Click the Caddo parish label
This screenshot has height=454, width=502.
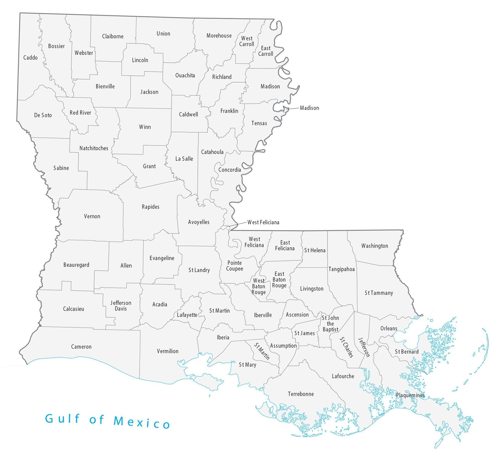[30, 58]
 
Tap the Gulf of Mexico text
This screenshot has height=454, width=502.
[107, 421]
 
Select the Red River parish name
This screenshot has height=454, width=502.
[80, 113]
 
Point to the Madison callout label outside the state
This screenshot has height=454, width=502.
[309, 108]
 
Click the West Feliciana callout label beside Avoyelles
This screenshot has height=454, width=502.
[263, 222]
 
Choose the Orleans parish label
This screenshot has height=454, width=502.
[389, 328]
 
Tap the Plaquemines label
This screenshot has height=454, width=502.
[410, 395]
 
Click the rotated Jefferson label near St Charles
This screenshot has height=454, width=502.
[364, 347]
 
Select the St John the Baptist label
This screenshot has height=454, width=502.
[330, 324]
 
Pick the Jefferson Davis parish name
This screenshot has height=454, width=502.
[121, 306]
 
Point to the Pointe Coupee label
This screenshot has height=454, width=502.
[234, 266]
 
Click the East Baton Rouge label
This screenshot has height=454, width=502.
[279, 279]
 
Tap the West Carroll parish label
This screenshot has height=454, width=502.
[247, 41]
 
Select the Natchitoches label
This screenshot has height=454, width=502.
[94, 148]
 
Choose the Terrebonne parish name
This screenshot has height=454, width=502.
[301, 394]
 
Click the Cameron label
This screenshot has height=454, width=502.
[81, 347]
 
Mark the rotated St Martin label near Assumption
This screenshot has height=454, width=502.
[262, 351]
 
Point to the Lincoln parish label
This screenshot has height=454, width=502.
[140, 60]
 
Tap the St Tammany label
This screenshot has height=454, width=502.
[379, 293]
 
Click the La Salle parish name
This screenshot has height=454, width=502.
[184, 159]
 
